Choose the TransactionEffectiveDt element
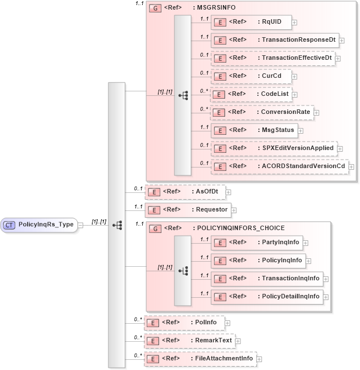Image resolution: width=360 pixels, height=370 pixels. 273,58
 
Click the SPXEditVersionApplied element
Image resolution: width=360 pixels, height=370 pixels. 273,148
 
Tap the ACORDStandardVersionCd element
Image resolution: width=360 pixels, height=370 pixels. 279,166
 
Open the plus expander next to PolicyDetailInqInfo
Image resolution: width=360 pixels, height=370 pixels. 326,297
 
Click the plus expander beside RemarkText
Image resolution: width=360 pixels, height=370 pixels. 237,341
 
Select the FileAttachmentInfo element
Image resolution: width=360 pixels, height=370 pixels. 200,359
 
